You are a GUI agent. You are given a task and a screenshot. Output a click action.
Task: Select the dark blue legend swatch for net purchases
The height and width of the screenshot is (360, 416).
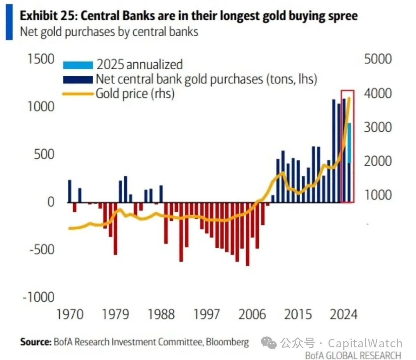click(78, 80)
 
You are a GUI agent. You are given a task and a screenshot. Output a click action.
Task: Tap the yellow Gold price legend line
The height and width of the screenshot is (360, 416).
click(78, 94)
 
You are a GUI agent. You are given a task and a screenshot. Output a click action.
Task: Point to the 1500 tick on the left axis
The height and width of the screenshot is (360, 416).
click(41, 59)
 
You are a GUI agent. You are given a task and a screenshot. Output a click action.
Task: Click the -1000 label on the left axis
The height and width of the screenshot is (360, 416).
click(39, 297)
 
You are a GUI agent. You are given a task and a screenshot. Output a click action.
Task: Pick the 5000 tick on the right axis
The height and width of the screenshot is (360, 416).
click(378, 59)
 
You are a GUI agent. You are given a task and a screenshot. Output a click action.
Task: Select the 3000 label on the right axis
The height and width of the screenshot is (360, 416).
click(378, 127)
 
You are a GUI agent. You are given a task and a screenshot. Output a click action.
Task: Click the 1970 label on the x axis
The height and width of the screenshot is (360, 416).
click(70, 314)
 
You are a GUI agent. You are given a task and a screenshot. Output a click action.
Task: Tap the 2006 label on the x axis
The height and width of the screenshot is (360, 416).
click(252, 314)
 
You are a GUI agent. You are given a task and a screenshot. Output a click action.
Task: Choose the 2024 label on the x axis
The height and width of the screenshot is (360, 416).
click(344, 314)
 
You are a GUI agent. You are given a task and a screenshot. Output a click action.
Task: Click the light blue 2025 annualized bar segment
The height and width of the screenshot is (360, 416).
click(349, 143)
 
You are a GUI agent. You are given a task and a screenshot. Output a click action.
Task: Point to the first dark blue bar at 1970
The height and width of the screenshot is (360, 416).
click(70, 191)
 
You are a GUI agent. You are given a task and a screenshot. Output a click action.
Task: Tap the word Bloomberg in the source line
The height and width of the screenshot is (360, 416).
click(227, 342)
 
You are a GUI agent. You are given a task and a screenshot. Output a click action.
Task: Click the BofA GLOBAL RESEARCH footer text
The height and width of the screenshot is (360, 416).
click(353, 355)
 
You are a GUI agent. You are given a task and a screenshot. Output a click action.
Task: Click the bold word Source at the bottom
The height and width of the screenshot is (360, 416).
click(35, 342)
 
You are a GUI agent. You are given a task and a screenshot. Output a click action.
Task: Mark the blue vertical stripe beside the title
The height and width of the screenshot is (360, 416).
click(9, 22)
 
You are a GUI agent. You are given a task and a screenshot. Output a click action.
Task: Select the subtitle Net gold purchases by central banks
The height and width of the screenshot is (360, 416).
click(109, 32)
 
